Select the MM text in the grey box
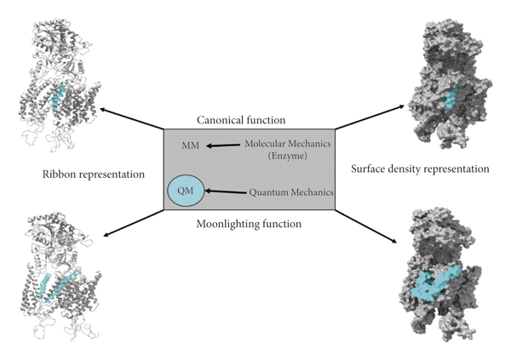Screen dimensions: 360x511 click(x=191, y=146)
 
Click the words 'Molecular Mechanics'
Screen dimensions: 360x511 click(x=290, y=143)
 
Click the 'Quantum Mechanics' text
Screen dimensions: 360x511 click(x=290, y=192)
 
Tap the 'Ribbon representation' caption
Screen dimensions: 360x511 click(x=94, y=174)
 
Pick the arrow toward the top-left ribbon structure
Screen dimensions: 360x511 click(x=131, y=118)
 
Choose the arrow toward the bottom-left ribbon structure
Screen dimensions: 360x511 click(x=132, y=226)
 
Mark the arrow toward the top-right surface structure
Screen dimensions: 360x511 click(x=367, y=117)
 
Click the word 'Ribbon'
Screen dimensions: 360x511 click(x=60, y=174)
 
